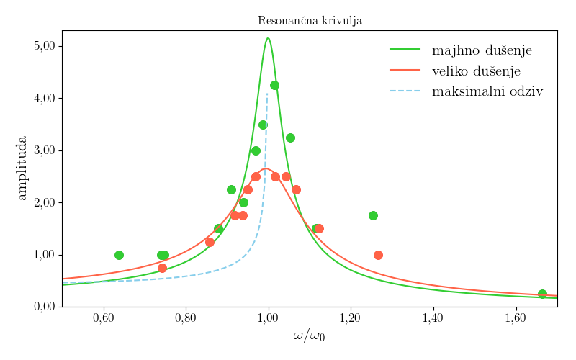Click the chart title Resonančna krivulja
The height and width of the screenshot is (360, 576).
point(310,21)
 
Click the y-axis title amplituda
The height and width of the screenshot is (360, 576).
point(22,168)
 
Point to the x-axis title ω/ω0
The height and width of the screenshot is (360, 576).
point(309,336)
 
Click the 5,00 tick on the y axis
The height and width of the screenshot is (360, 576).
point(45,46)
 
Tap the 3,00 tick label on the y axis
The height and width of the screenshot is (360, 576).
point(45,150)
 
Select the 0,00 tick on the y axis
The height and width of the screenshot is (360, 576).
point(45,307)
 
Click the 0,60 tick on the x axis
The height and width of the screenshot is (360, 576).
point(104,318)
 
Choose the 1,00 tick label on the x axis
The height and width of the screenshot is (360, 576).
point(269,318)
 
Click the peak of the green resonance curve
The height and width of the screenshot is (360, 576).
point(268,38)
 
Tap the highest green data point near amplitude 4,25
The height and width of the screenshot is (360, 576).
point(274,85)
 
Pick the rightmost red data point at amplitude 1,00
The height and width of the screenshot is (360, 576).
point(378,255)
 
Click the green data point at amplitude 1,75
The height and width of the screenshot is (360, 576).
point(373,215)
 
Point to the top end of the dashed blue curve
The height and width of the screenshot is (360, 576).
point(267,92)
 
